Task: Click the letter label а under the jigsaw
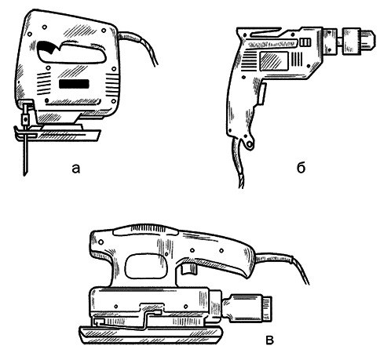click(75, 169)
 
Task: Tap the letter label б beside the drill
click(301, 168)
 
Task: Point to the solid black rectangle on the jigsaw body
click(74, 84)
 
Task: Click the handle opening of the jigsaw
click(71, 53)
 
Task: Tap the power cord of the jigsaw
click(140, 45)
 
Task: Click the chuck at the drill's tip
click(359, 41)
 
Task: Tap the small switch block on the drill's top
click(305, 42)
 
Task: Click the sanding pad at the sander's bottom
click(152, 335)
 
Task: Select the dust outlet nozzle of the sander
click(247, 308)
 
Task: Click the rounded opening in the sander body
click(146, 267)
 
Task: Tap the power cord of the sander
click(283, 264)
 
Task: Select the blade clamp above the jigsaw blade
click(25, 116)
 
